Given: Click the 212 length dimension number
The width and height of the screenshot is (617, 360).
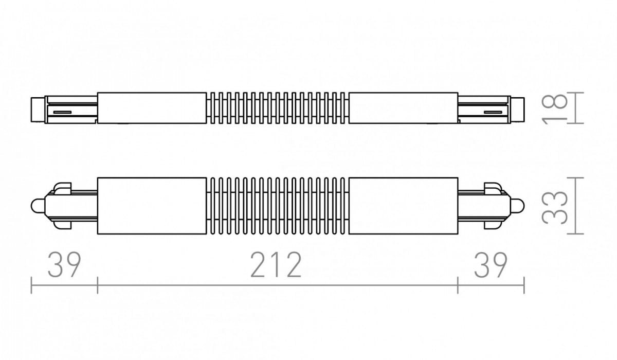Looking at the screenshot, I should pyautogui.click(x=276, y=265).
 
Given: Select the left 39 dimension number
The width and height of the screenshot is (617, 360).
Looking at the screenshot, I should pyautogui.click(x=64, y=265).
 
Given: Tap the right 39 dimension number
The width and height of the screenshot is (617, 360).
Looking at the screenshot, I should pyautogui.click(x=491, y=265).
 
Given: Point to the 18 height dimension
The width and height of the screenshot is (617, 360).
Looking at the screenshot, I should pyautogui.click(x=555, y=108).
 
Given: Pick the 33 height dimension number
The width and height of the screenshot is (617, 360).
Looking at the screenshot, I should pyautogui.click(x=555, y=206).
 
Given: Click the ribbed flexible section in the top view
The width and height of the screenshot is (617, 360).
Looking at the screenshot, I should pyautogui.click(x=277, y=108).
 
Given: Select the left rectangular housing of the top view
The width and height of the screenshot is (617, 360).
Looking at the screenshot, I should pyautogui.click(x=152, y=108).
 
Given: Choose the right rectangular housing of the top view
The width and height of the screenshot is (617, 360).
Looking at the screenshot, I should pyautogui.click(x=403, y=108).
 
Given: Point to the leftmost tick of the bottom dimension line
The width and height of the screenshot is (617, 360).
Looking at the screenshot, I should pyautogui.click(x=32, y=285).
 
